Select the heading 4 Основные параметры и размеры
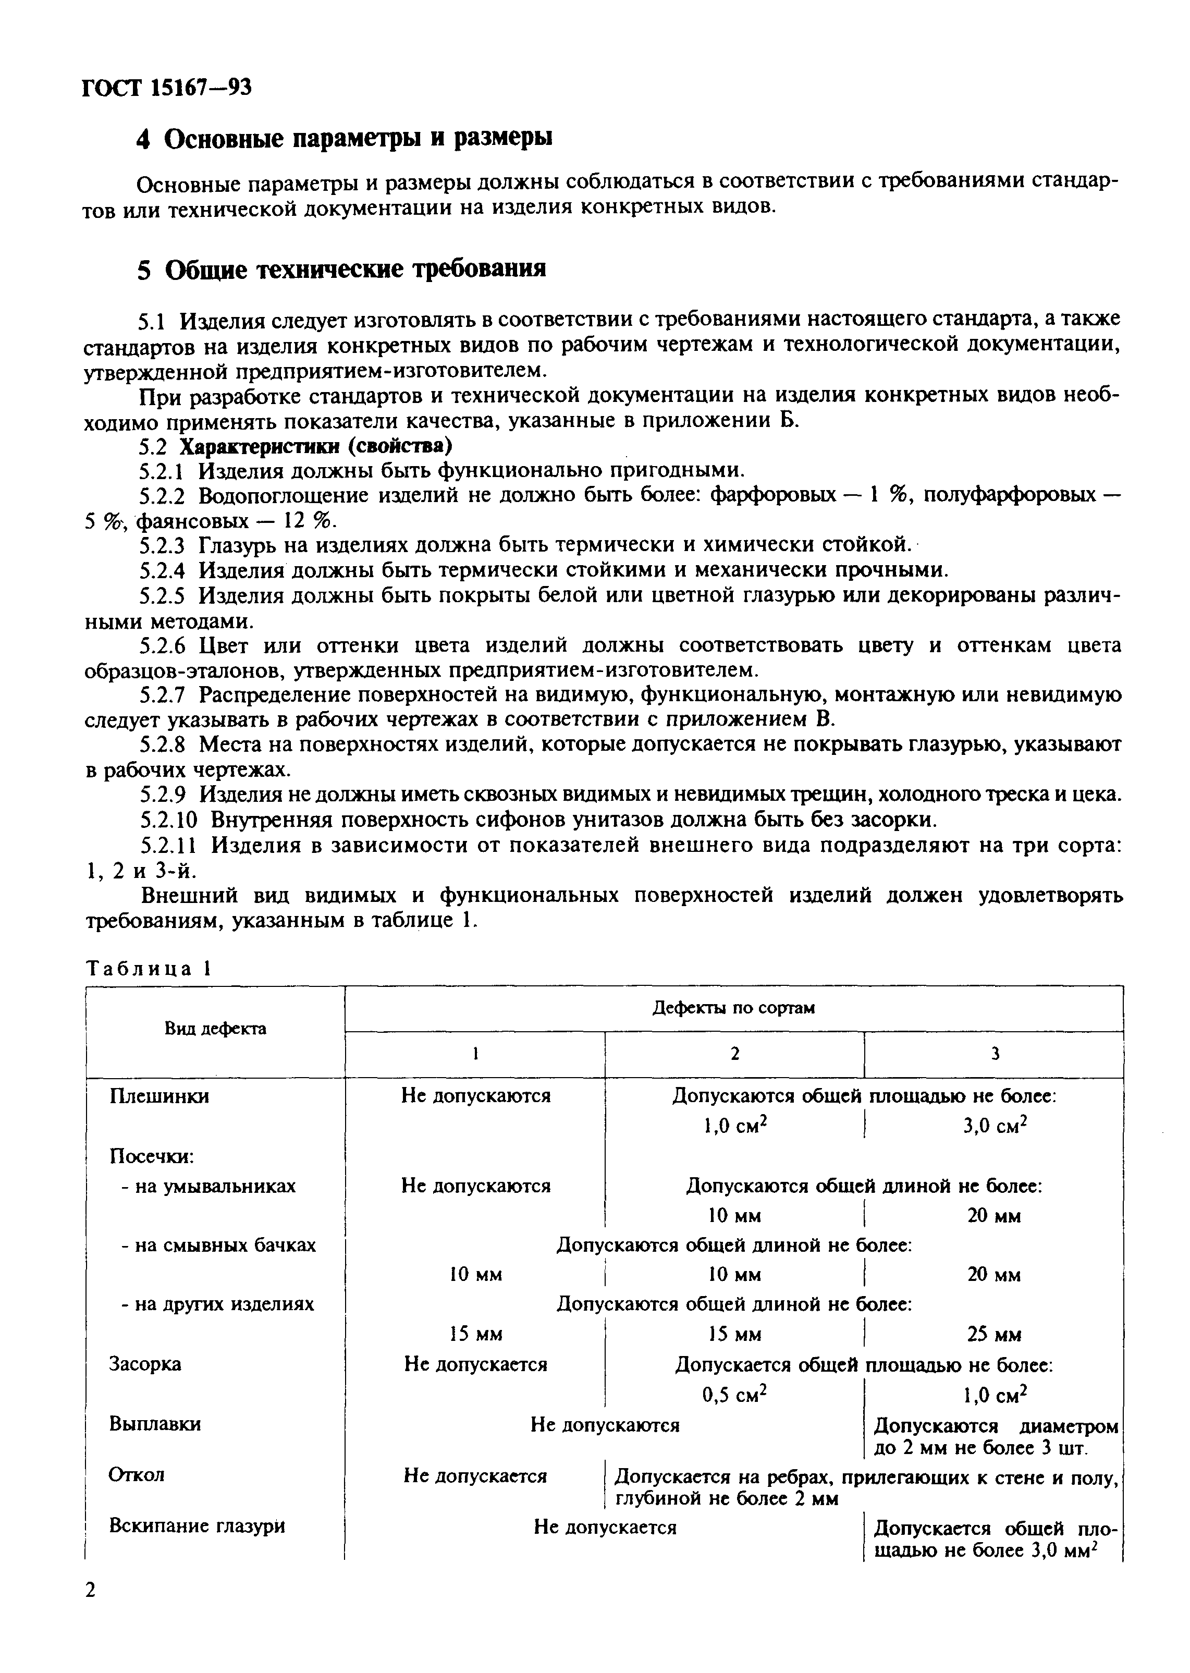345,138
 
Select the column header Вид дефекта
215,1029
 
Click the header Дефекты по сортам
733,1008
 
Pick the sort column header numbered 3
995,1054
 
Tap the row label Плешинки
159,1096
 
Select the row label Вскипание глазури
197,1527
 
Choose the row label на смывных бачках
218,1245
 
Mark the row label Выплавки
155,1424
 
